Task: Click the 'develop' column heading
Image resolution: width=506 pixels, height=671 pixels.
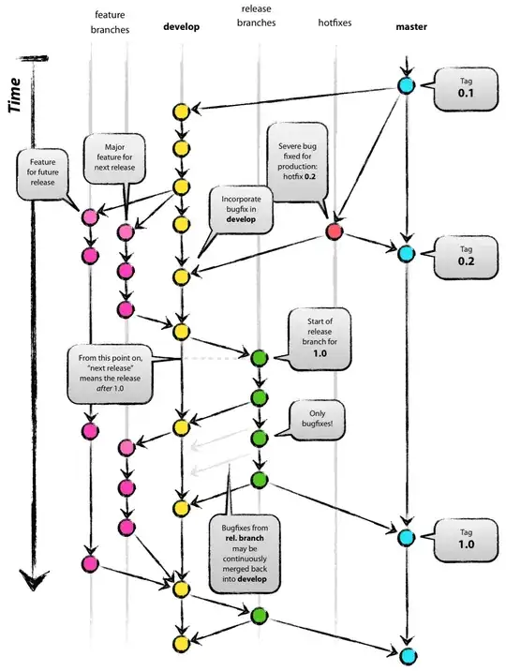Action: tap(182, 27)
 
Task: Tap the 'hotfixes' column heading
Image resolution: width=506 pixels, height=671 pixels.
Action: tap(335, 23)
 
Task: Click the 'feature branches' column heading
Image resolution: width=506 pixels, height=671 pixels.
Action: tap(110, 22)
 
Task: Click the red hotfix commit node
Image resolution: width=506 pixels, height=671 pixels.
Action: tap(334, 231)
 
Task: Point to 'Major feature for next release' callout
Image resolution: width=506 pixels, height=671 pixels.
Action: tap(115, 156)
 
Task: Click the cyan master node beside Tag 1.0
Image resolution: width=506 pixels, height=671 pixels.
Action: tap(406, 537)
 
